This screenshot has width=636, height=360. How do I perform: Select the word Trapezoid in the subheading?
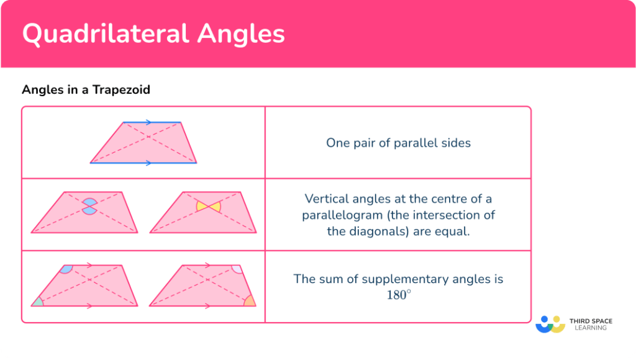point(121,90)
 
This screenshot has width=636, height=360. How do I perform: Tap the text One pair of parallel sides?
point(398,143)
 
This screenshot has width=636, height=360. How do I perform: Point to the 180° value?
point(398,295)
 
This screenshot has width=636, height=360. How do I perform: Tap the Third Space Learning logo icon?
point(550,324)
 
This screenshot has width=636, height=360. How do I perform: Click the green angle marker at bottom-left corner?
point(39,302)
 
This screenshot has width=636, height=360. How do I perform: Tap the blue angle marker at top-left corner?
point(66,269)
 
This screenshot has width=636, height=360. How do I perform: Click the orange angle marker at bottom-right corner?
point(249,301)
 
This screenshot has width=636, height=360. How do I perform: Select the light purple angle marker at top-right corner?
point(237,269)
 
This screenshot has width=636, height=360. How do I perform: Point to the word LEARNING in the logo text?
point(591,328)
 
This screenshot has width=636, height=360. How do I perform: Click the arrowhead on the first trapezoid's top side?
point(148,122)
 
